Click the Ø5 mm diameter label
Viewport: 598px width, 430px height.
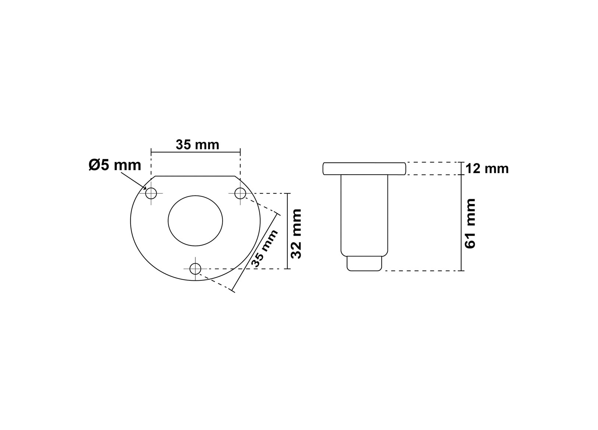pyautogui.click(x=114, y=165)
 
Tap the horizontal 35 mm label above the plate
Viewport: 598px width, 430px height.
pyautogui.click(x=197, y=145)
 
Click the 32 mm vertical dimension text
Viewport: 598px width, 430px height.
pyautogui.click(x=296, y=234)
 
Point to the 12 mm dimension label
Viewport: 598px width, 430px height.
pyautogui.click(x=487, y=169)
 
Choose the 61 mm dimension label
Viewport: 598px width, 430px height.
pyautogui.click(x=470, y=224)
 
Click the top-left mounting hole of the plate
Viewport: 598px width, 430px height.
pyautogui.click(x=151, y=193)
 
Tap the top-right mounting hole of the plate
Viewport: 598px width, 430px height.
pyautogui.click(x=240, y=193)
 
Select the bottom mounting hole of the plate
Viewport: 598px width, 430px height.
pyautogui.click(x=195, y=269)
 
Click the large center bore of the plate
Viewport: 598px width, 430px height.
pyautogui.click(x=195, y=221)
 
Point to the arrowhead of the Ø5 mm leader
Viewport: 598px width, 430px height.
pyautogui.click(x=145, y=188)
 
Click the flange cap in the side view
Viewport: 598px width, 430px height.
pyautogui.click(x=364, y=168)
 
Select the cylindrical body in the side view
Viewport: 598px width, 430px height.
pyautogui.click(x=364, y=215)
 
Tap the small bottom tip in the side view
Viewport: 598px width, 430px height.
pyautogui.click(x=364, y=264)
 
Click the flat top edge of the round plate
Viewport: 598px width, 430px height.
pyautogui.click(x=195, y=176)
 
